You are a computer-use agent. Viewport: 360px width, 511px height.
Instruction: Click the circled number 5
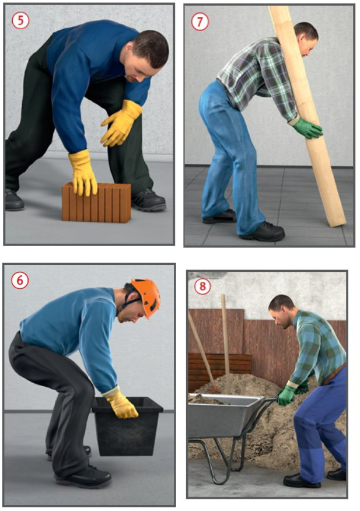coord(20,20)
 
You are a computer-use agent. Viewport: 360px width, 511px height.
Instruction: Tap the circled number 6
coord(20,280)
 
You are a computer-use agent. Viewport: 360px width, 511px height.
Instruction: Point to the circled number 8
coord(202,286)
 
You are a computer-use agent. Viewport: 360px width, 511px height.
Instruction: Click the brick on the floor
coord(96,202)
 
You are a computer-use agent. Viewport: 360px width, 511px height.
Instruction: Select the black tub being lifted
coord(128,425)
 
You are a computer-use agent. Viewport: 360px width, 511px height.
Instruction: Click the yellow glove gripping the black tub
coord(121,404)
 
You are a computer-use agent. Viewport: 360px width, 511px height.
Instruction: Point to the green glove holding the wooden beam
coord(306,128)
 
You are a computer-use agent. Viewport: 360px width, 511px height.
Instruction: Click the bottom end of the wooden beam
coord(339,223)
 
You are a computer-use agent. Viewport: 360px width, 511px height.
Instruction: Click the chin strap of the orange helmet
coord(129,303)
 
